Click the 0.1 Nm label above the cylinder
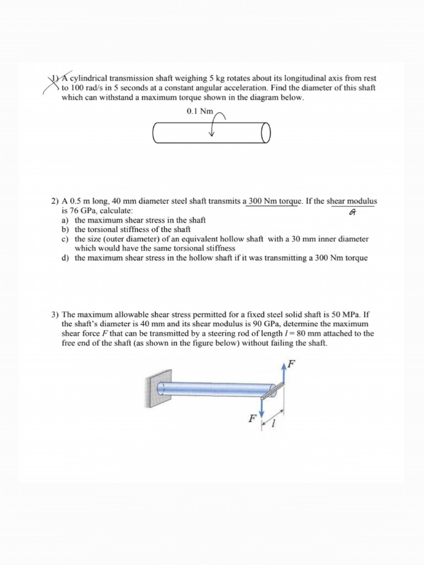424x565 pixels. click(199, 111)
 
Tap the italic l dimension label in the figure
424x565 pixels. click(274, 426)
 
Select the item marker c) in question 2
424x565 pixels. click(66, 239)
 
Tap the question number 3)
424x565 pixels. click(55, 315)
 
